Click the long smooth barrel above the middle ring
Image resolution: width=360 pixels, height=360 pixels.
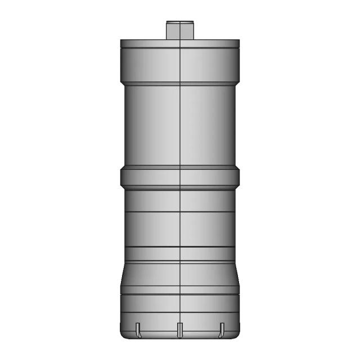(x=180, y=127)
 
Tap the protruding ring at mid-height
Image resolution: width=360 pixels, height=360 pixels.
(x=180, y=177)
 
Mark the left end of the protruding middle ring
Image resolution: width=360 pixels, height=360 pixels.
(x=121, y=177)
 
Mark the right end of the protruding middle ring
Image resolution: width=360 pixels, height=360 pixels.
(x=238, y=177)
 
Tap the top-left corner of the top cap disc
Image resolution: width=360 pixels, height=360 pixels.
(x=121, y=40)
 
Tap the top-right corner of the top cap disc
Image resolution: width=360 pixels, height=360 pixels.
(x=239, y=40)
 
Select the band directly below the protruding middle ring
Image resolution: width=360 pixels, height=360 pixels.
(x=180, y=200)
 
